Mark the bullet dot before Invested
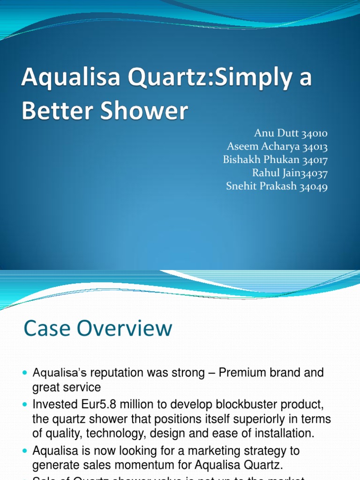point(25,404)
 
